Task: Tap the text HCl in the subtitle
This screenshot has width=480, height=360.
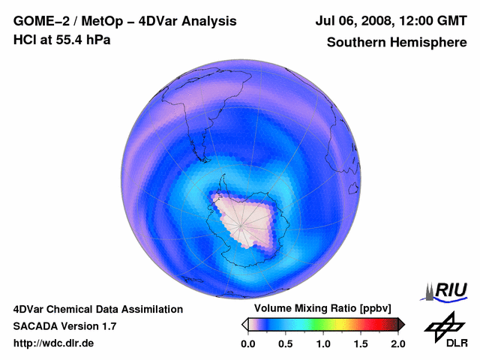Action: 24,40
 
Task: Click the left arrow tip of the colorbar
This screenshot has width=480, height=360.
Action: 244,324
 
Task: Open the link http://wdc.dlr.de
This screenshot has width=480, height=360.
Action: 54,343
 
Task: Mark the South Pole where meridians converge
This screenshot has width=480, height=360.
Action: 239,221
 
